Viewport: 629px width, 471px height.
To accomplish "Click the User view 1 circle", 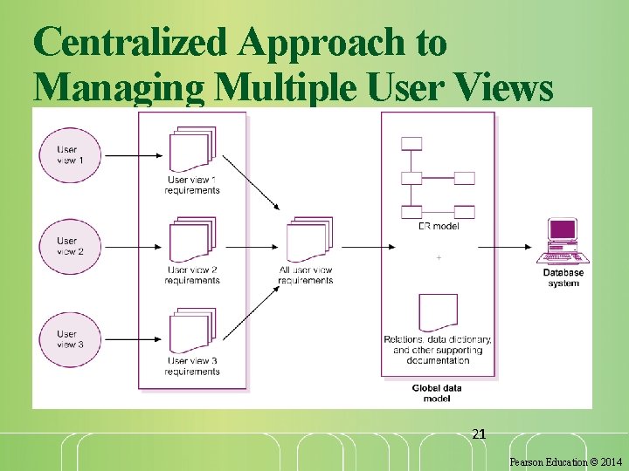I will tap(70, 155).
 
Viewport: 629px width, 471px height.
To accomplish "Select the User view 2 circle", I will tap(70, 246).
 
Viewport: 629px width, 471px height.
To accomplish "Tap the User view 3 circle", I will tap(70, 338).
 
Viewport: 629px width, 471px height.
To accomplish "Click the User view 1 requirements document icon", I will tap(192, 150).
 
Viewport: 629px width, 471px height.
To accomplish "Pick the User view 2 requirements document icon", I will tap(192, 240).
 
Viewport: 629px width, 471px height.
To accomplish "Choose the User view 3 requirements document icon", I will tap(192, 331).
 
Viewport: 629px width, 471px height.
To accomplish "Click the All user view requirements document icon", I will tap(308, 239).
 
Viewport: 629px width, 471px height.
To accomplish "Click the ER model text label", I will tap(438, 227).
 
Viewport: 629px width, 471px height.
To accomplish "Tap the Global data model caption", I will tap(437, 392).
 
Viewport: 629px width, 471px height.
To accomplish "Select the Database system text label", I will tap(563, 278).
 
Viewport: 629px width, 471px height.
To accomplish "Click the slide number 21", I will tap(478, 433).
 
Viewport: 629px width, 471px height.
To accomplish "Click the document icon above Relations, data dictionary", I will tap(438, 312).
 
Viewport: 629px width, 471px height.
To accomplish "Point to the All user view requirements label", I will tap(307, 275).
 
